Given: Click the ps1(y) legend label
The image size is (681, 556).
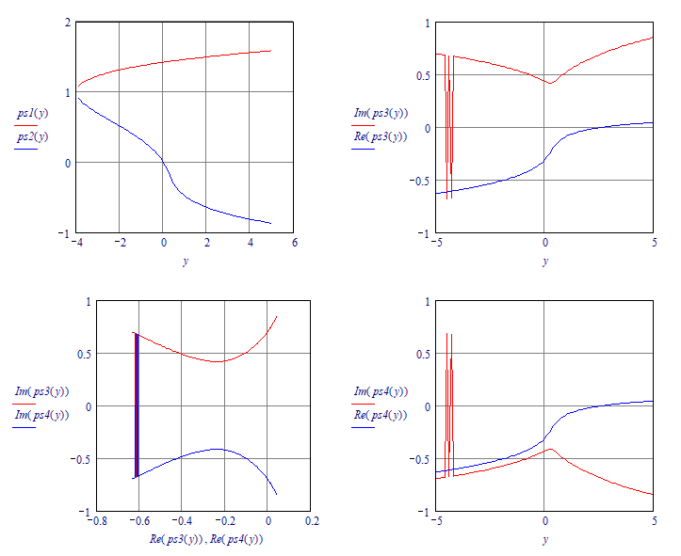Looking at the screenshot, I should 32,114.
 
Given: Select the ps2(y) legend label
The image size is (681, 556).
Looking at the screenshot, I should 32,137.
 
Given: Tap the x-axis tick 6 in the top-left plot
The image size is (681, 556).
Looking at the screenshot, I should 293,244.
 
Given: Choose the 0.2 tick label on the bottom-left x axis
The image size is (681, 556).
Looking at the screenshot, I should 313,521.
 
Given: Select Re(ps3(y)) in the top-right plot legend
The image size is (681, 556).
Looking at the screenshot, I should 381,137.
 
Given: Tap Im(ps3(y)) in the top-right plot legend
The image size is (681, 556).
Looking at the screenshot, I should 381,114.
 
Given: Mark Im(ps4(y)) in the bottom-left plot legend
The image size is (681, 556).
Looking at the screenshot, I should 41,415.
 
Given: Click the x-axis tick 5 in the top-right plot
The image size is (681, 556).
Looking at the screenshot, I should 653,244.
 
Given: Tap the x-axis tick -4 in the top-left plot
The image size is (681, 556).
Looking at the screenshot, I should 77,244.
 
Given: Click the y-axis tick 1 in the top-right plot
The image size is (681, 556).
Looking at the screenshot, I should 428,22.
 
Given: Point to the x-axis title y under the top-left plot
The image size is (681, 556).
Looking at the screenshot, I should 186,262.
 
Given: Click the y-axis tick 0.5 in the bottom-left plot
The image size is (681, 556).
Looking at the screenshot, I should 59,354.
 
